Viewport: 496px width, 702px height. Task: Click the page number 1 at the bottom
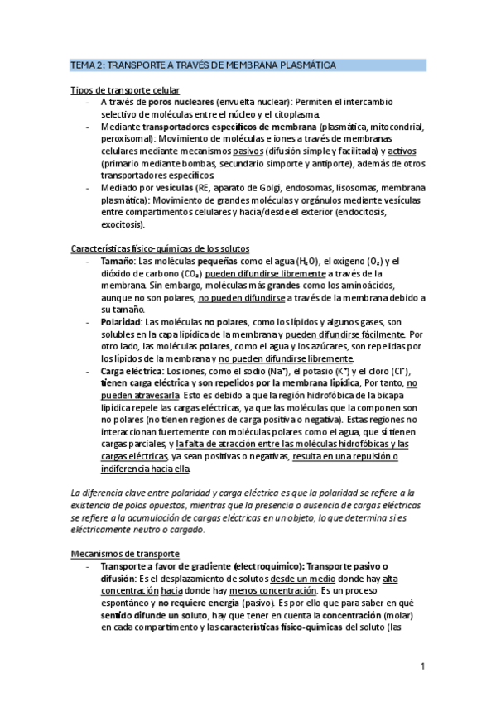422,666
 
